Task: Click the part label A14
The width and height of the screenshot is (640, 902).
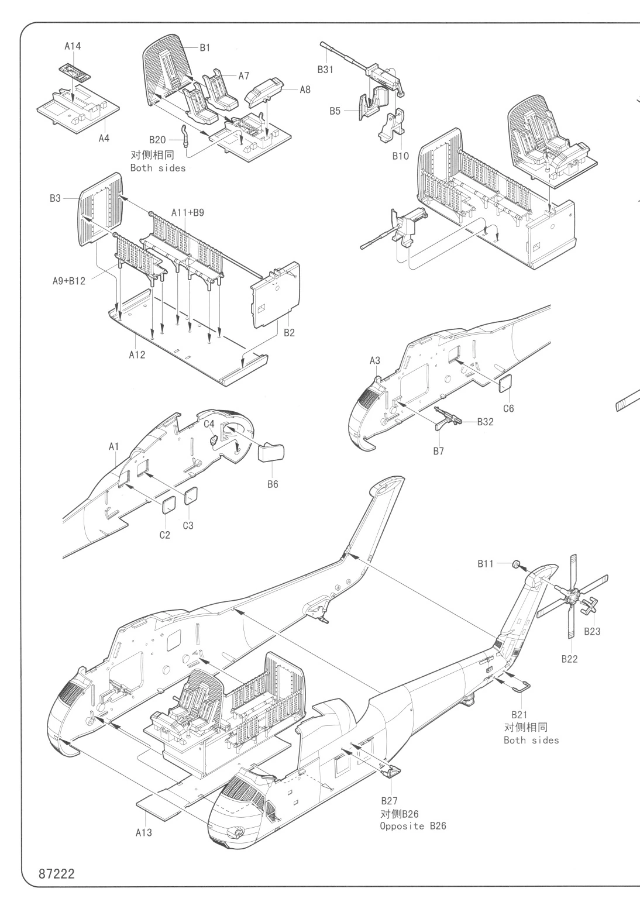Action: (x=73, y=47)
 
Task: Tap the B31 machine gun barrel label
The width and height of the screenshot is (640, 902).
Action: (x=326, y=69)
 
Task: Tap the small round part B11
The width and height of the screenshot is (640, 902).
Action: (x=517, y=564)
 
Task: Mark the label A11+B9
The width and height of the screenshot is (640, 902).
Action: (x=188, y=212)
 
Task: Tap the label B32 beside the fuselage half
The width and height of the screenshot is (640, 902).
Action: (x=485, y=422)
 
